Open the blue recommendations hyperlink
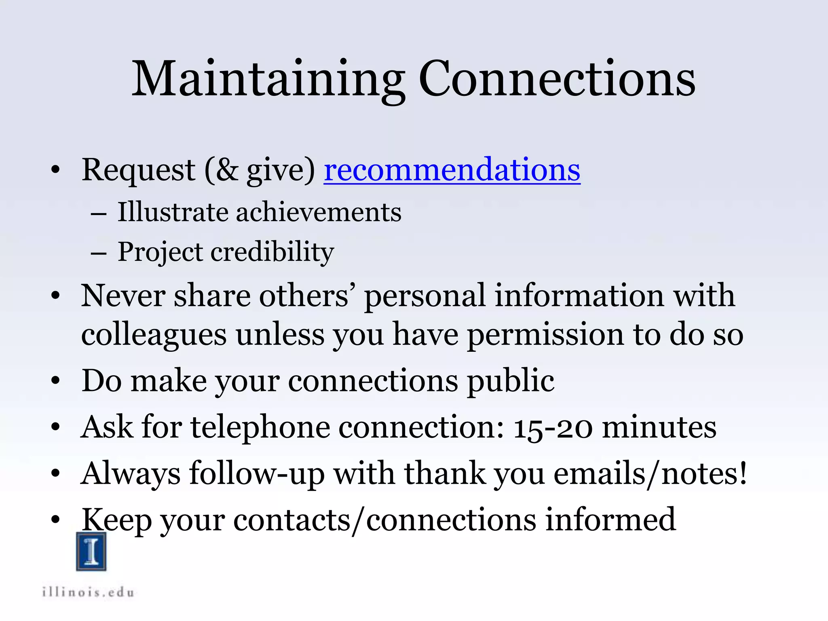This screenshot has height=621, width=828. coord(452,170)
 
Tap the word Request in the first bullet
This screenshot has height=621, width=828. coord(138,170)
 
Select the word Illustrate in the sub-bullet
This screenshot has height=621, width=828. coord(173,212)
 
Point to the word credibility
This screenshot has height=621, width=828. coord(272,251)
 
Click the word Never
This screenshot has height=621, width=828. coord(123,296)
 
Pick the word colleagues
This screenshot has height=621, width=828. coord(154,335)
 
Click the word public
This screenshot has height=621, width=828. coord(511,381)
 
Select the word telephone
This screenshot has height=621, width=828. coord(260,427)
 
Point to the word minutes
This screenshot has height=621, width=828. coord(659,427)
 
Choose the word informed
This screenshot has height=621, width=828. coord(610,520)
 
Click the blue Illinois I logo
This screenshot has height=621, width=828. coord(91,551)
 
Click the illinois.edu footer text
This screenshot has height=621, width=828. coord(88,593)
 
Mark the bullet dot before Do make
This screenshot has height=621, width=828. coord(56,381)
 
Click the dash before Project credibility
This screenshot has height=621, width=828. coord(99,254)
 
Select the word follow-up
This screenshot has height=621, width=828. coord(257,473)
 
